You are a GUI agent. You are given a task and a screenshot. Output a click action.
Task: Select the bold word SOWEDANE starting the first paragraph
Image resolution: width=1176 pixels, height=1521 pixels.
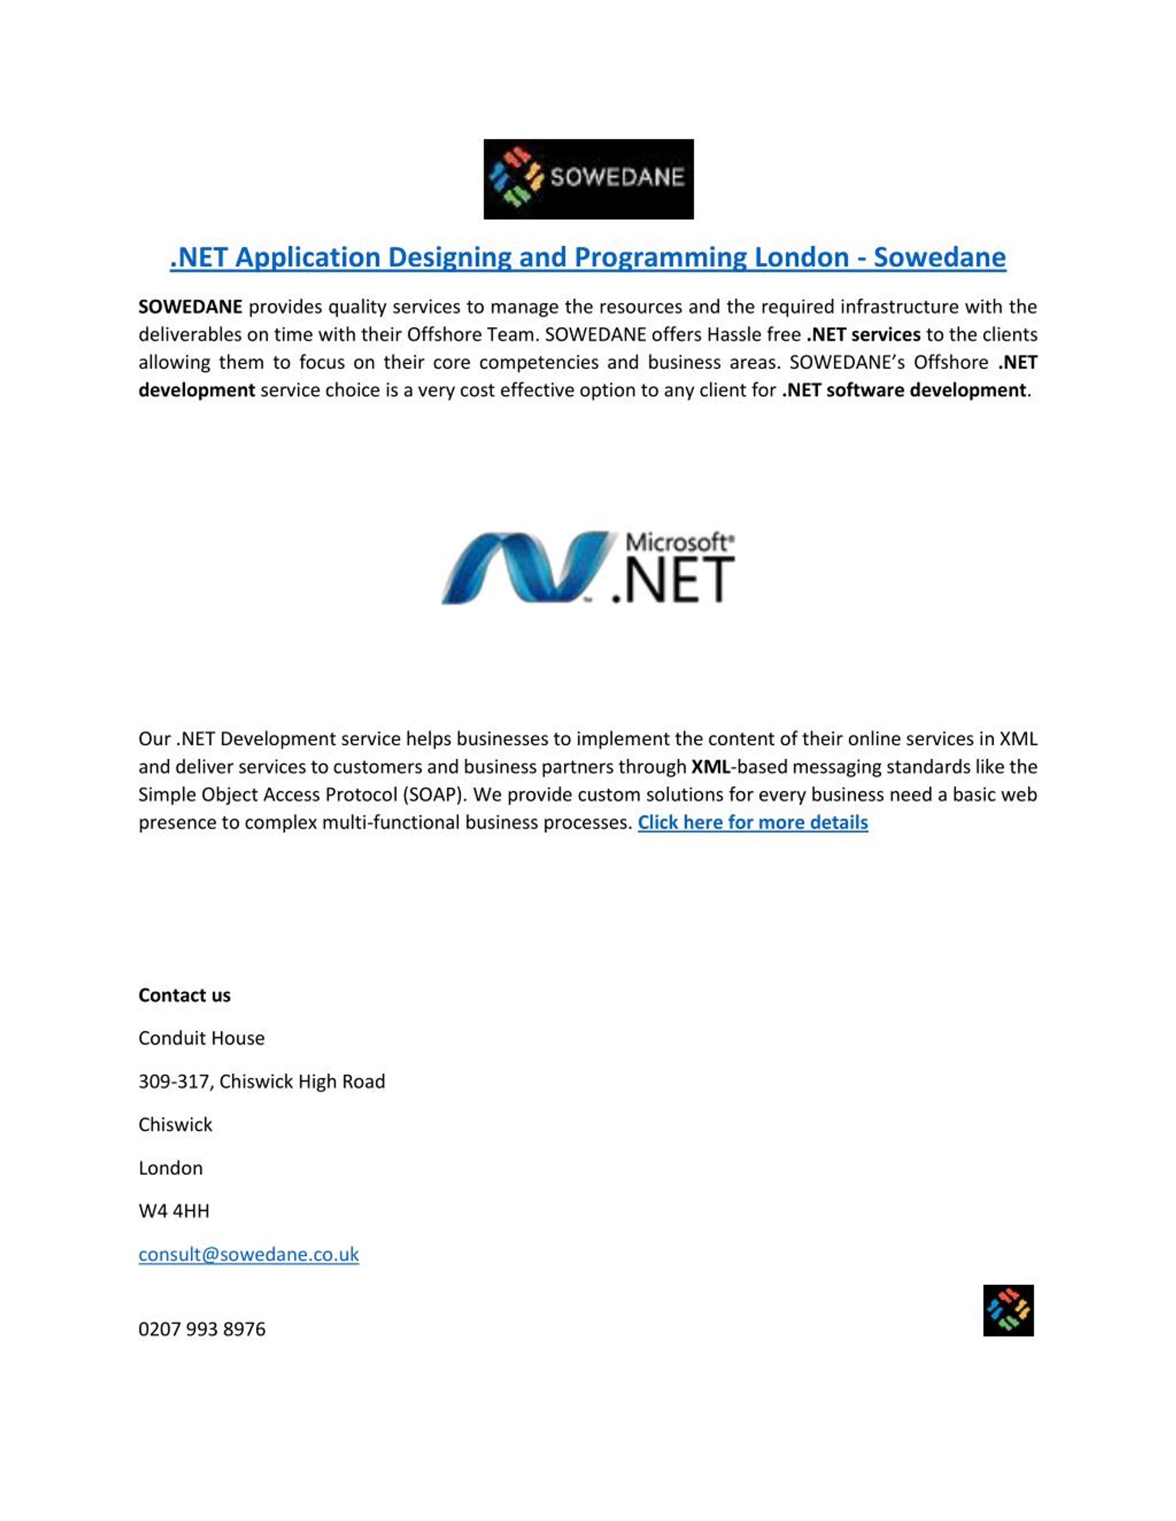190,307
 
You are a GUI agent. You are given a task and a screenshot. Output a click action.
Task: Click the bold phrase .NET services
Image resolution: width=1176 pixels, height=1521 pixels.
863,335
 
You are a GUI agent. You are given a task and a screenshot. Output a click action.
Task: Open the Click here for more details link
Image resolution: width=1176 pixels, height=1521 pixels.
752,823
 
